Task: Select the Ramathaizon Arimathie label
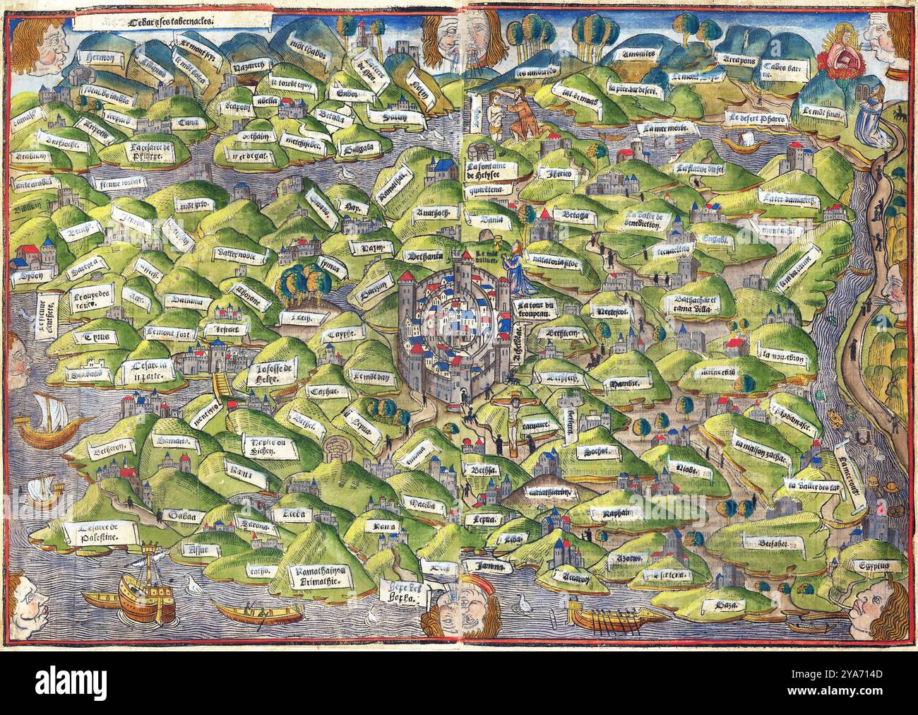click(x=317, y=577)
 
